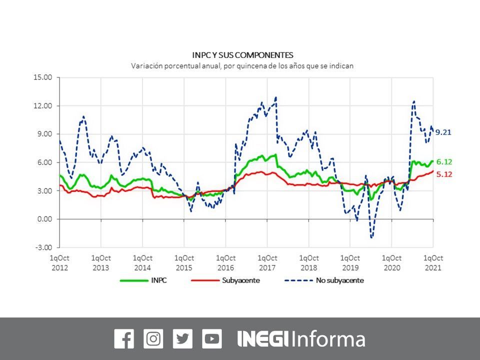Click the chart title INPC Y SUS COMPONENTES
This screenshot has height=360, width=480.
coord(242,55)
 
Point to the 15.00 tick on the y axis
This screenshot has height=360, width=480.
coord(43,78)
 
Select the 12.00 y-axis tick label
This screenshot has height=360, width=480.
coord(43,106)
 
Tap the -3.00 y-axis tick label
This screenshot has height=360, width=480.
coord(43,247)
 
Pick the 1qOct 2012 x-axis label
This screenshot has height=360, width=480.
coord(59,262)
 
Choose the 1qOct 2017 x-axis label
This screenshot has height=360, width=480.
coord(267,262)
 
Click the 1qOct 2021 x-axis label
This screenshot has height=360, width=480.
coord(433,262)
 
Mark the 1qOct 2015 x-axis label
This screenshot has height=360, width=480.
coord(184,262)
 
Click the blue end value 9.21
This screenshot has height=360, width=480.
coord(443,132)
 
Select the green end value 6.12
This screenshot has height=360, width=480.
coord(444,162)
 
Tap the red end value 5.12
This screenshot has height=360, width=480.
coord(444,174)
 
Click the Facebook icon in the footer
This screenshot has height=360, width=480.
coord(123,338)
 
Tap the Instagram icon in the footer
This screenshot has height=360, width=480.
coord(153,338)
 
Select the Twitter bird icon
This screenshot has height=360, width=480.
coord(182,338)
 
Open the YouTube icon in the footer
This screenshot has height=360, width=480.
coord(212,338)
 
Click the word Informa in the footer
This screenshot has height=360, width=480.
coord(328,339)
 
